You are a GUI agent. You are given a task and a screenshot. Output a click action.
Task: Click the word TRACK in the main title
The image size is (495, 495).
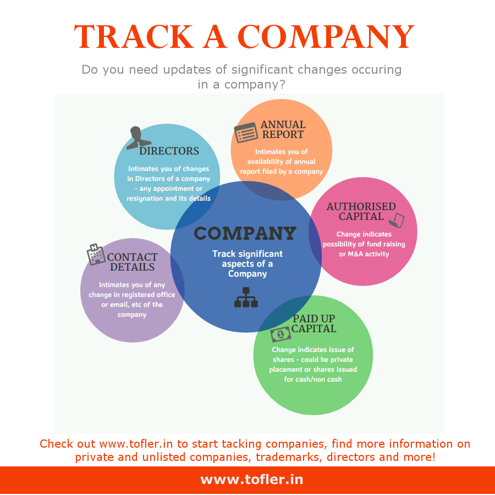[134, 37]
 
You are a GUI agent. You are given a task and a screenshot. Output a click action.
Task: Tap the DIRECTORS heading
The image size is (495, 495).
[169, 151]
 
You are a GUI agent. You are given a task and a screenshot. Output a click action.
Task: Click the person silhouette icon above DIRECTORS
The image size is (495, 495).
[138, 137]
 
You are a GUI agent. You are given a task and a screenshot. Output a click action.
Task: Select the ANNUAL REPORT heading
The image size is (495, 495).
[283, 129]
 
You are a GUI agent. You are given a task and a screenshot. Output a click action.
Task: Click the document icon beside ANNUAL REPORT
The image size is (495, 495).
[246, 133]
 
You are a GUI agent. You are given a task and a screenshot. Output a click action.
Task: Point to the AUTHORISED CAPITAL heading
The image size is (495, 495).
[361, 212]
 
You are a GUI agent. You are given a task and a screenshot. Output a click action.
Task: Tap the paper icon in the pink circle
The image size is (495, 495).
[397, 221]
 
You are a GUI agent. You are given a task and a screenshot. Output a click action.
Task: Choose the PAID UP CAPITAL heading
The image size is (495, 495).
[313, 323]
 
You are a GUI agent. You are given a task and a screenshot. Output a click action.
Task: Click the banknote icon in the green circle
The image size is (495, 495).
[280, 334]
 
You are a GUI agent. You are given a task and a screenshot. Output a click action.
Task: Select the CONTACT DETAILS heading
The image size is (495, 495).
[132, 262]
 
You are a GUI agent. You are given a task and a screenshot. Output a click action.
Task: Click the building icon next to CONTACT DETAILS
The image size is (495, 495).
[96, 255]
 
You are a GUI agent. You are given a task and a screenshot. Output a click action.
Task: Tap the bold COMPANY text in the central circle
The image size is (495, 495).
[245, 233]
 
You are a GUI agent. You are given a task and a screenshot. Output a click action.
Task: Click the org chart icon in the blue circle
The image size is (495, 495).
[246, 297]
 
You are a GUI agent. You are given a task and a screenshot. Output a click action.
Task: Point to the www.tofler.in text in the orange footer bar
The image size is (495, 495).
[251, 480]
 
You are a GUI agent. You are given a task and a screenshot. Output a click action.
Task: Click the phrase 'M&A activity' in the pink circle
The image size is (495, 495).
[369, 254]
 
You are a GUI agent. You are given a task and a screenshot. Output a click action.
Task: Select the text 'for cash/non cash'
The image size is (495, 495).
[313, 380]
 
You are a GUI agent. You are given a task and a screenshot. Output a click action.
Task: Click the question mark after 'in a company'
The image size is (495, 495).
[282, 84]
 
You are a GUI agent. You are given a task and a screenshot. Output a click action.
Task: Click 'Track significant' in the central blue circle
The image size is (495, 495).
[248, 254]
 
